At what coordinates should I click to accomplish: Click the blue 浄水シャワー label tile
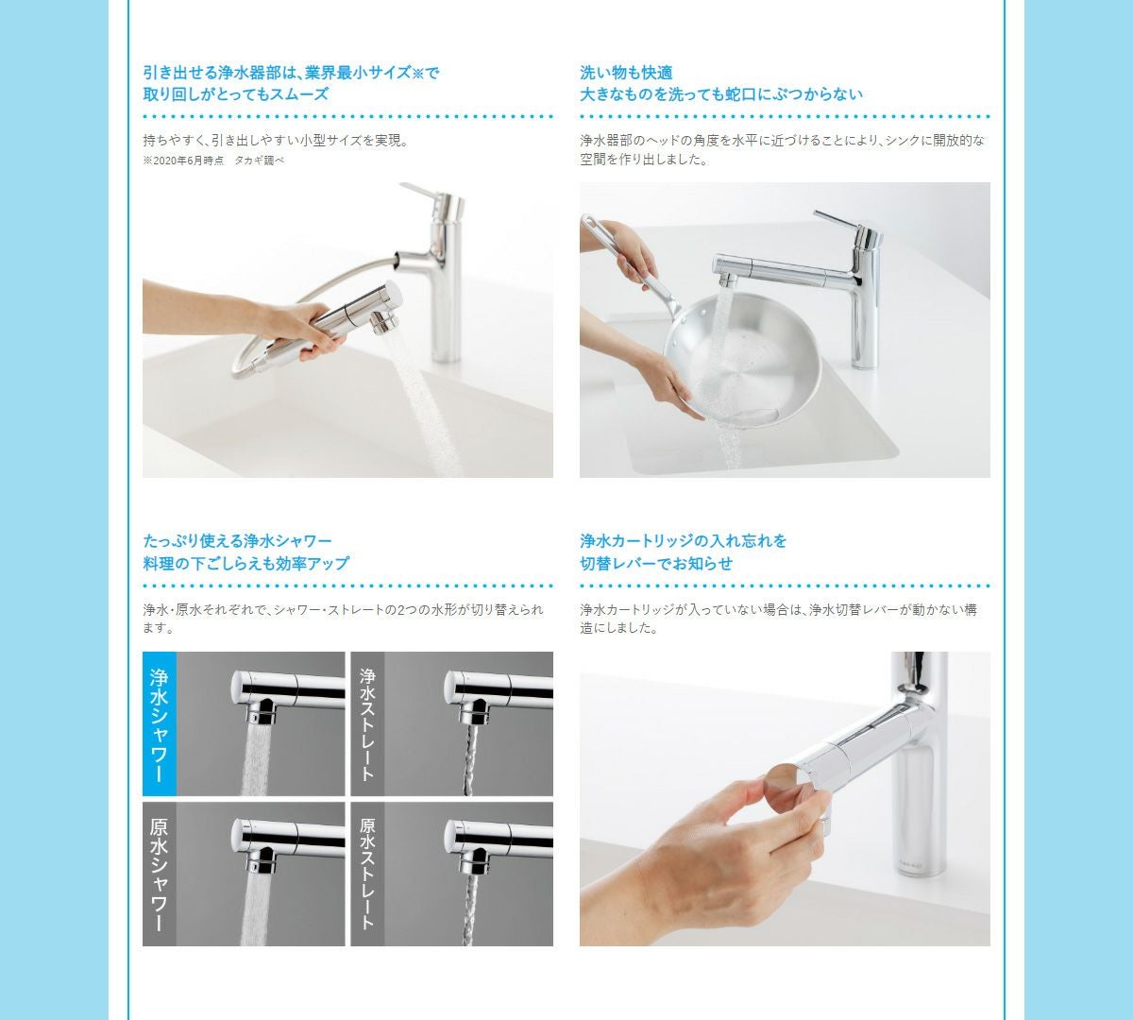coord(160,723)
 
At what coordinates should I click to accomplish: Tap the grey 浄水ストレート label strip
coord(367,723)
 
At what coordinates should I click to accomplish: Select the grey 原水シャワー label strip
coord(160,875)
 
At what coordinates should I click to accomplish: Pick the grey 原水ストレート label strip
coord(367,875)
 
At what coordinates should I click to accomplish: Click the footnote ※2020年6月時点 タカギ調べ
coord(213,161)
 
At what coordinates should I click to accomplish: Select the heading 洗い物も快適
coord(626,73)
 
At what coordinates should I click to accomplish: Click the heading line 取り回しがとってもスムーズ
coord(235,93)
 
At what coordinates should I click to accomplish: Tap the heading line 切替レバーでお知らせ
coord(656,563)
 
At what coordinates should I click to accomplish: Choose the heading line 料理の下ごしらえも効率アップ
coord(246,563)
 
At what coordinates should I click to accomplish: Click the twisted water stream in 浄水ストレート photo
coord(470,760)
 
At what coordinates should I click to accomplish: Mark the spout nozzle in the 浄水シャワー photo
coord(261,713)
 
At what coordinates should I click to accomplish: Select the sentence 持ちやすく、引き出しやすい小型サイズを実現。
coord(276,140)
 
